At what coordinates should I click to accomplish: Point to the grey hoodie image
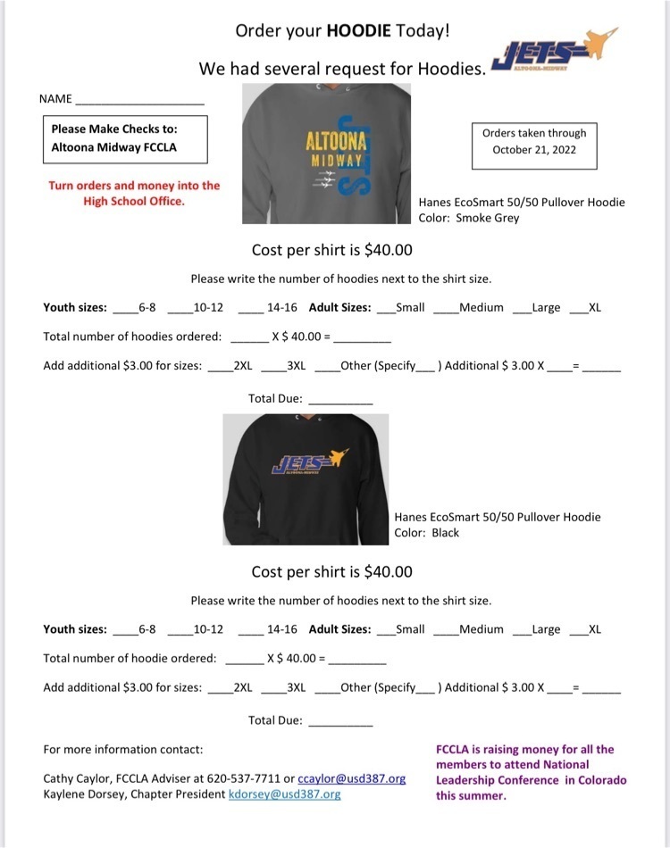327,153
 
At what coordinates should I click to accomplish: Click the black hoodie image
306,478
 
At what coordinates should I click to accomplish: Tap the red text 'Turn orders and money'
134,193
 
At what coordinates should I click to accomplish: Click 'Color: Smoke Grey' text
469,218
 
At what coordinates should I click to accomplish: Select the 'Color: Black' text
427,533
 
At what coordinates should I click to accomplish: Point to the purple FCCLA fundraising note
531,772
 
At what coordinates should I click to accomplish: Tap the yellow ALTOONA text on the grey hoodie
334,141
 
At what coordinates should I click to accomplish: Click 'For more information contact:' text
122,749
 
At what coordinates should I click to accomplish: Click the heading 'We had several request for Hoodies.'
342,69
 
